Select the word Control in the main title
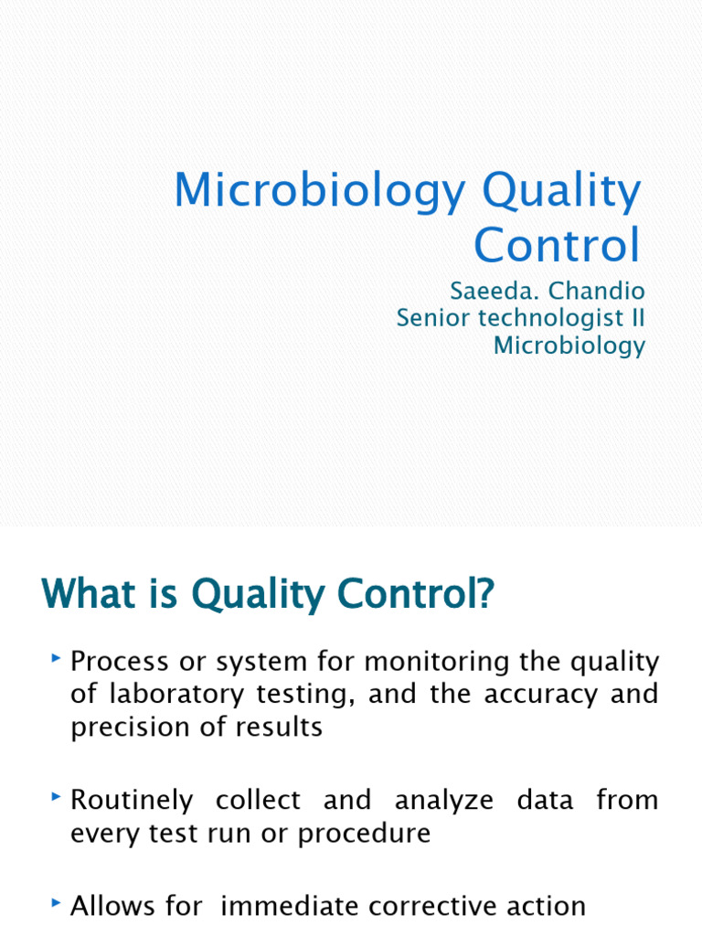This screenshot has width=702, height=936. coord(557,245)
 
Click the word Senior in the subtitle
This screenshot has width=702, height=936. coord(431,319)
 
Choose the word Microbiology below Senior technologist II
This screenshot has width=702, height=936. coord(569,346)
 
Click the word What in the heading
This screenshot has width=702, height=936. coord(84,596)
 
